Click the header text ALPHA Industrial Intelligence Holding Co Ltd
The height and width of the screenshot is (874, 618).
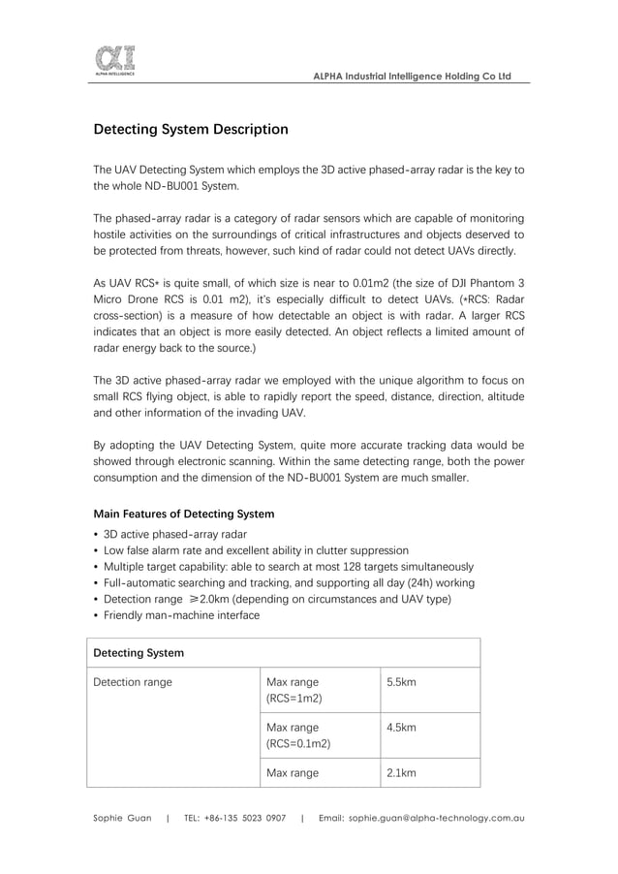click(x=413, y=77)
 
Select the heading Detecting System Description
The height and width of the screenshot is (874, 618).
click(x=190, y=129)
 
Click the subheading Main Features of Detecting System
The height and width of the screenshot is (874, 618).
click(x=183, y=514)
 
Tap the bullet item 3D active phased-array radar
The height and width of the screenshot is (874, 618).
click(x=174, y=534)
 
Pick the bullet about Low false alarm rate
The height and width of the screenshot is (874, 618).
click(x=256, y=550)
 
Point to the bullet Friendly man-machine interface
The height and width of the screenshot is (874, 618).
click(x=181, y=615)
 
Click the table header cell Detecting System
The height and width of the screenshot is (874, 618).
click(x=139, y=653)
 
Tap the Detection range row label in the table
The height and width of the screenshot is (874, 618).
click(x=133, y=682)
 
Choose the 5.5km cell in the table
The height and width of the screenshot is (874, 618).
click(x=401, y=682)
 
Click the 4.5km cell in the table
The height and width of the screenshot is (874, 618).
click(x=401, y=728)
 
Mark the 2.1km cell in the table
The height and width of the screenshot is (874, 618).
click(x=401, y=773)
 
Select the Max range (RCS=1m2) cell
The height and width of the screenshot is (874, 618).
click(x=294, y=690)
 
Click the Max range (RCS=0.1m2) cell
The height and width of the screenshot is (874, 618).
click(x=298, y=735)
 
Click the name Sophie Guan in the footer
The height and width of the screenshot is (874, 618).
click(x=122, y=819)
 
